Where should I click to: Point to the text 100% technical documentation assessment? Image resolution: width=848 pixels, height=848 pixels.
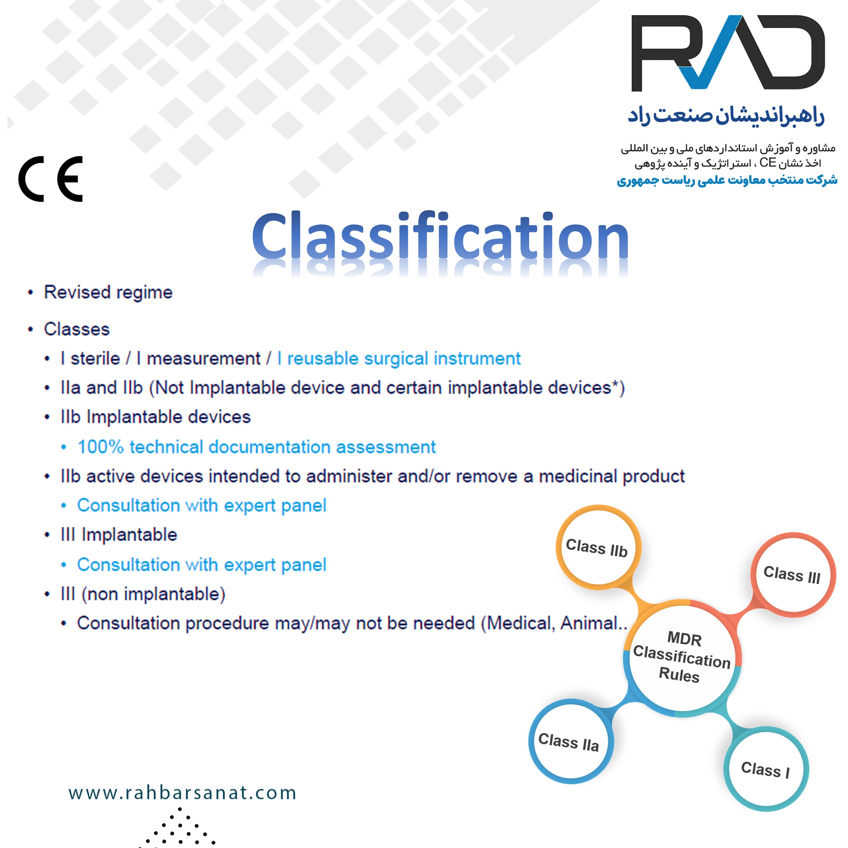(257, 447)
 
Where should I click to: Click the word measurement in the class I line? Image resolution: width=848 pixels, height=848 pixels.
(203, 359)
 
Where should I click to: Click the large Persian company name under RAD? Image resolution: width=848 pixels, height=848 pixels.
(726, 116)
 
